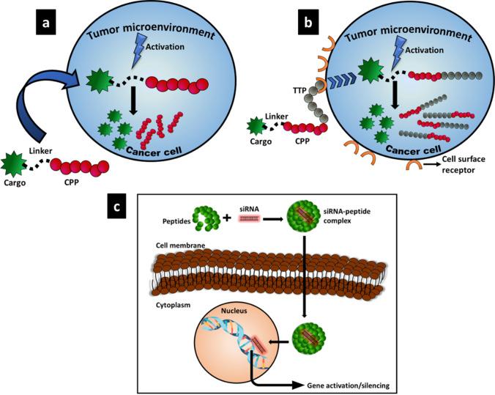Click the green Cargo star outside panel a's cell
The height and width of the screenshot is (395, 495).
pos(13,161)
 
